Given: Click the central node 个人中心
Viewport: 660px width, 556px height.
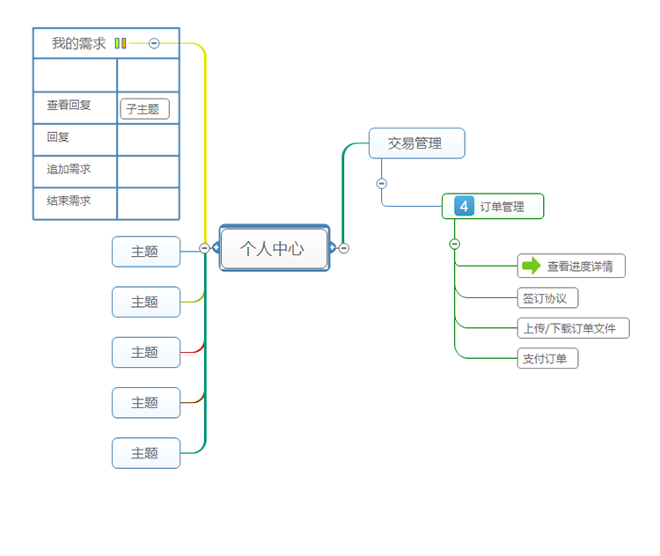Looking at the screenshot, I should pyautogui.click(x=273, y=249).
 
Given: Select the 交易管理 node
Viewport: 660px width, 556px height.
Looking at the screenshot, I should pyautogui.click(x=415, y=143).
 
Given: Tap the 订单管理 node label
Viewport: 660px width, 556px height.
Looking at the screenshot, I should pyautogui.click(x=502, y=207).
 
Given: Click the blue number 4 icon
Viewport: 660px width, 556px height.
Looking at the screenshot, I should pyautogui.click(x=464, y=207).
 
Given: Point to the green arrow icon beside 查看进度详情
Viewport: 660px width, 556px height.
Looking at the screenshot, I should pyautogui.click(x=531, y=266).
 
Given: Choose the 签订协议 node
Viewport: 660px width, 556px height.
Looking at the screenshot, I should pyautogui.click(x=546, y=297).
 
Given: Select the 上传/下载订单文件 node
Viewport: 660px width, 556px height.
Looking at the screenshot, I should pyautogui.click(x=572, y=328).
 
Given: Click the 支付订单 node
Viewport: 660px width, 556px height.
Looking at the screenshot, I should pyautogui.click(x=546, y=358).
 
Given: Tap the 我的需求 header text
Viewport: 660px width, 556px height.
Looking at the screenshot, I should pyautogui.click(x=78, y=43).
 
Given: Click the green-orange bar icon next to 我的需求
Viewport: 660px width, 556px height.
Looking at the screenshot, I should pyautogui.click(x=121, y=43).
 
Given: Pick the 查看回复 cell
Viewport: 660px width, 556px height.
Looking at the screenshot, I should pyautogui.click(x=70, y=106).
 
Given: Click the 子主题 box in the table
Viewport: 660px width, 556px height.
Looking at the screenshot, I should pyautogui.click(x=143, y=110).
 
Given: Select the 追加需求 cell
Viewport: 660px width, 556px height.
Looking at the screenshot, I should pyautogui.click(x=70, y=169).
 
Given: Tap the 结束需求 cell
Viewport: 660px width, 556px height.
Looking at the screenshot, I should pyautogui.click(x=70, y=201).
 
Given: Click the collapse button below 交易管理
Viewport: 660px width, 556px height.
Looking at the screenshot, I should pyautogui.click(x=381, y=184).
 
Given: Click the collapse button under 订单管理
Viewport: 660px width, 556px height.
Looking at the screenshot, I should pyautogui.click(x=454, y=244).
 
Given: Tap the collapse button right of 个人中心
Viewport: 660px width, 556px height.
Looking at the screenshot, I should pyautogui.click(x=344, y=248).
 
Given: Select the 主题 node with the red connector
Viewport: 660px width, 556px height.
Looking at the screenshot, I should pyautogui.click(x=145, y=352).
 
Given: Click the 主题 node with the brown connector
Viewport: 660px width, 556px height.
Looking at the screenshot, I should pyautogui.click(x=145, y=402).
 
